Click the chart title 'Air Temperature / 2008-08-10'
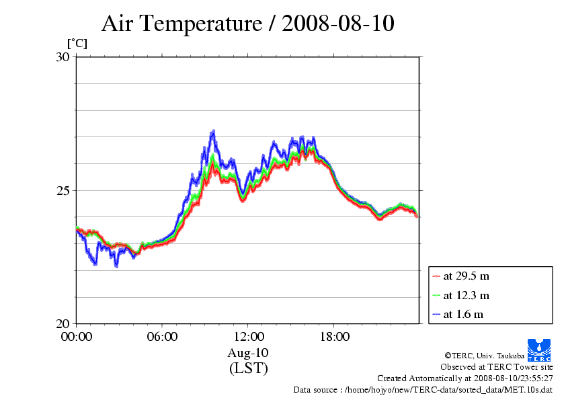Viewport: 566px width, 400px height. pyautogui.click(x=247, y=24)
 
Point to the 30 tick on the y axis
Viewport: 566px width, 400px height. pyautogui.click(x=63, y=57)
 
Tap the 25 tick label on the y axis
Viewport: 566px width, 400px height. pyautogui.click(x=63, y=190)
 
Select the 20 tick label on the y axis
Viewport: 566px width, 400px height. pyautogui.click(x=63, y=323)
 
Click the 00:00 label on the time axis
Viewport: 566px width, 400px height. pyautogui.click(x=76, y=336)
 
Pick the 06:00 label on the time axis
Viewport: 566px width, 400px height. pyautogui.click(x=162, y=336)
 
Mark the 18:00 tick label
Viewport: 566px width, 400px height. pyautogui.click(x=334, y=336)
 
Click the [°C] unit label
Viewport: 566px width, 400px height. pyautogui.click(x=77, y=44)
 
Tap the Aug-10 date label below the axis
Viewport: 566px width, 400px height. pyautogui.click(x=248, y=352)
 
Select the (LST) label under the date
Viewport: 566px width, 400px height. pyautogui.click(x=248, y=368)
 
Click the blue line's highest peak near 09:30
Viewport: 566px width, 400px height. pyautogui.click(x=214, y=131)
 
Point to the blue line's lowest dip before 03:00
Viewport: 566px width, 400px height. pyautogui.click(x=116, y=266)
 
